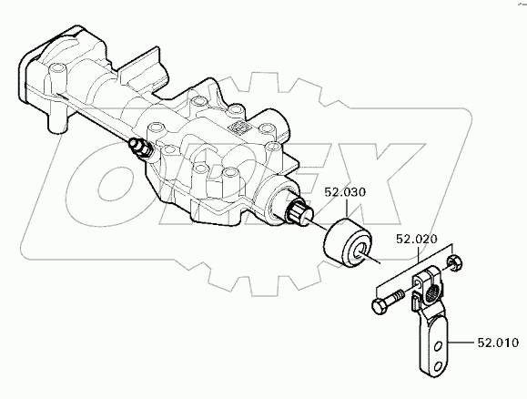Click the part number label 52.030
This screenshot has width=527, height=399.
tap(345, 192)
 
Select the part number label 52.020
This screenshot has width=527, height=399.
tap(417, 239)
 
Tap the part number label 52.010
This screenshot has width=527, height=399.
tap(498, 343)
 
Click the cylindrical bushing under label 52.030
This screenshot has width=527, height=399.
tap(348, 243)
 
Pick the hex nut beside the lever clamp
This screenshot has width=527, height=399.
tap(454, 261)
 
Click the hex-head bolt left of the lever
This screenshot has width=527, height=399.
tap(389, 302)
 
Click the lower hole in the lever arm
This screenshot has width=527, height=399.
tap(438, 365)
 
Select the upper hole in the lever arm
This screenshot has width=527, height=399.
tap(438, 346)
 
